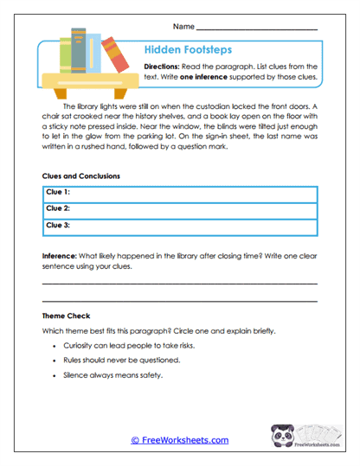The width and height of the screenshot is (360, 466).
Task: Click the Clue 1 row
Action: click(x=179, y=193)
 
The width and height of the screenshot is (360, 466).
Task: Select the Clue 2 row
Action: click(x=179, y=208)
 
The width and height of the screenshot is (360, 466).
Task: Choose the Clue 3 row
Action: click(x=179, y=226)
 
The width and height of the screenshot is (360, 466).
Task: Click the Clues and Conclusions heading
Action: click(x=80, y=176)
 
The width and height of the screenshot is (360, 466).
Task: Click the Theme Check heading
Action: click(x=67, y=316)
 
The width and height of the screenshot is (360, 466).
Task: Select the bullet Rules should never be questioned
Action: click(x=121, y=360)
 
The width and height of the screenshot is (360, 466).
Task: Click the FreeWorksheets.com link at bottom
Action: click(x=179, y=440)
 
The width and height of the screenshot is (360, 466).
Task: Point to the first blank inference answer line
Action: click(x=179, y=284)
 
